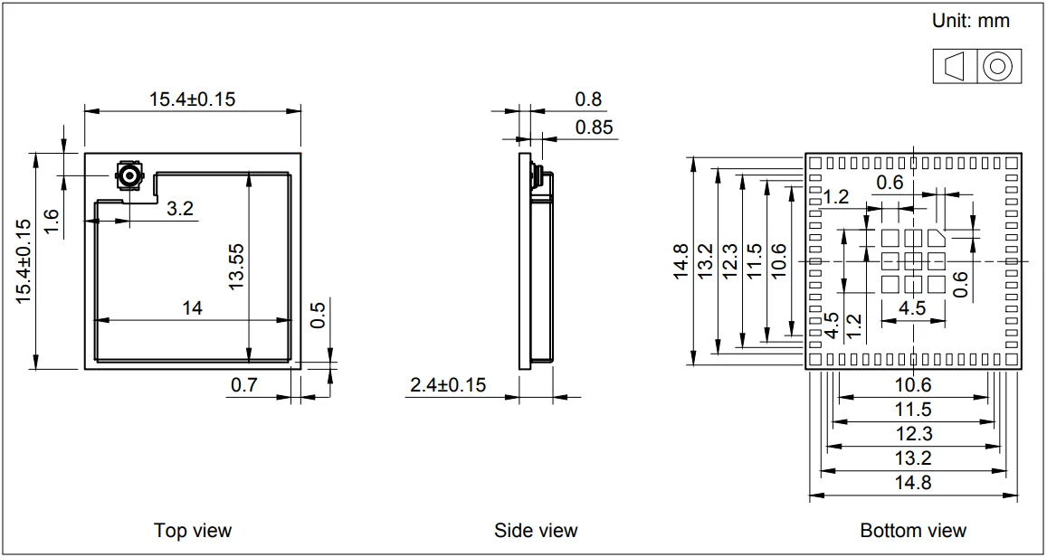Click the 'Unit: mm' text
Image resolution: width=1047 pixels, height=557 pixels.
(971, 21)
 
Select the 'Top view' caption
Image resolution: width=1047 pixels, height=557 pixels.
(192, 530)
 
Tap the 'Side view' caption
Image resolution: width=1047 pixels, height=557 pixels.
(536, 530)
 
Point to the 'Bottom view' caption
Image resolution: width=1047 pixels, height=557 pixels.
(913, 530)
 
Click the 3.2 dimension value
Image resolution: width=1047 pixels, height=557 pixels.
(180, 209)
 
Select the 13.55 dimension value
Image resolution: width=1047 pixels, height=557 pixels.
(237, 265)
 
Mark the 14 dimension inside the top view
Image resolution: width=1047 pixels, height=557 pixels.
(192, 308)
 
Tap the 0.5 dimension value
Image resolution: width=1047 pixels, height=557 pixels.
(318, 316)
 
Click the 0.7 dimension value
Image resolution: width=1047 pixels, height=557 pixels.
(243, 385)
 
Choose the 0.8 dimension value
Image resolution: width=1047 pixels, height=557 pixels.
(588, 99)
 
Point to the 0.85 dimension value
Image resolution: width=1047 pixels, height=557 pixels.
(594, 127)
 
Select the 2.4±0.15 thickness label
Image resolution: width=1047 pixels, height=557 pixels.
(448, 385)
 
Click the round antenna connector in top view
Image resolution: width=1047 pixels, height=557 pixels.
(128, 175)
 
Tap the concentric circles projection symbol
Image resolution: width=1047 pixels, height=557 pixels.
(997, 66)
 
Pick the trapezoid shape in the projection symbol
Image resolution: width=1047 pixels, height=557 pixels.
(954, 66)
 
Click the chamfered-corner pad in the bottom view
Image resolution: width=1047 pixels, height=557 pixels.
(935, 238)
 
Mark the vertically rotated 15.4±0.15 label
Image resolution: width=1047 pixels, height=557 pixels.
(24, 261)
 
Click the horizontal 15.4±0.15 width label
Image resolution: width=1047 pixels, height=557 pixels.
(192, 99)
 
